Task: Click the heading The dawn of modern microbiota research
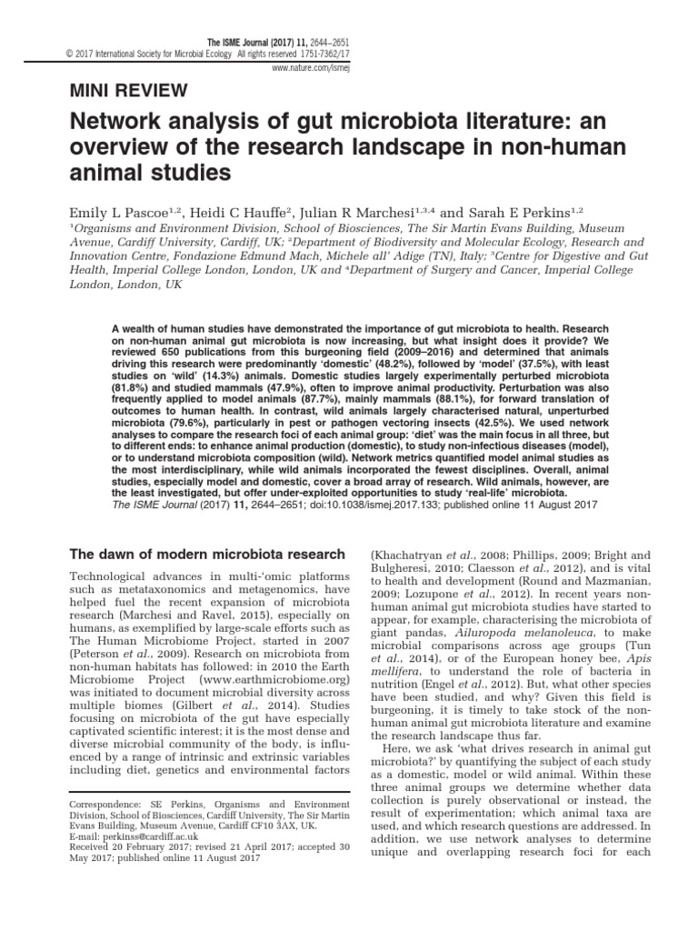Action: tap(208, 554)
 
